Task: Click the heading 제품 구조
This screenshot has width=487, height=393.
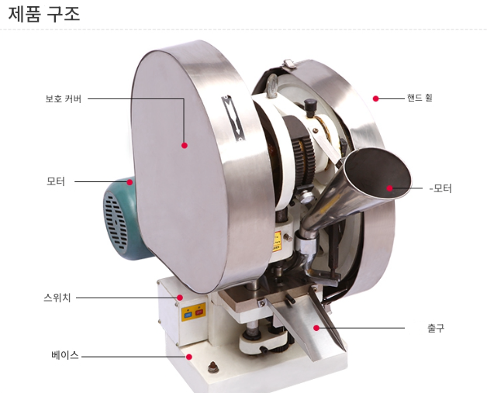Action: coord(44,14)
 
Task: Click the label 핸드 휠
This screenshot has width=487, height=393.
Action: coord(420,98)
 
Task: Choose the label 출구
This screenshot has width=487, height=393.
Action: coord(436,329)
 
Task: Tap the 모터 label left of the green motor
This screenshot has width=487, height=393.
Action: coord(56,182)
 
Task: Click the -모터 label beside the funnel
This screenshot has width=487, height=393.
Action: coord(440,188)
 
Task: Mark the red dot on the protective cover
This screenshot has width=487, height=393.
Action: coord(185,145)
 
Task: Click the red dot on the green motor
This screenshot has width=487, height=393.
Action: coord(130,182)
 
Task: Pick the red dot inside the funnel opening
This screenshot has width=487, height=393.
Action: coord(389,188)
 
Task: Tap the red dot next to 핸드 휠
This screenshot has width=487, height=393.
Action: coord(375,98)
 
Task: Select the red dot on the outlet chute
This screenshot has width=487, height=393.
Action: coord(316,329)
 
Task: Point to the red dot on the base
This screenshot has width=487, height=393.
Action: coord(188,357)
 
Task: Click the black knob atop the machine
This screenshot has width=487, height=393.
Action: coord(310,105)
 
